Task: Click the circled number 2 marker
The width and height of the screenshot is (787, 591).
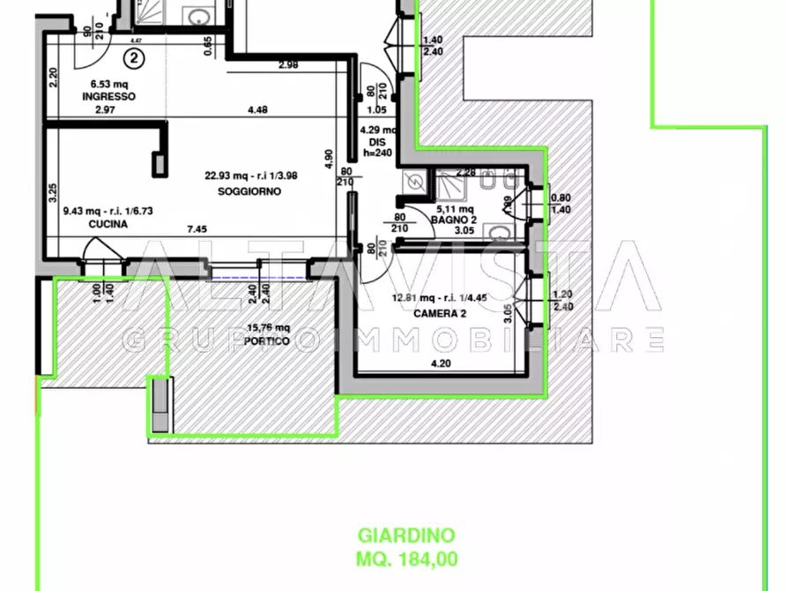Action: coord(133,59)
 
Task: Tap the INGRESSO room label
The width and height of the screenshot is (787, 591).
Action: coord(109,97)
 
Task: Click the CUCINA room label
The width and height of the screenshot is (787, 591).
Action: coord(108,225)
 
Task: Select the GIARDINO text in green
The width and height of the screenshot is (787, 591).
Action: coord(405,535)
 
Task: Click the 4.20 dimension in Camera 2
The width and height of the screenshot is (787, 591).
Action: coord(439,363)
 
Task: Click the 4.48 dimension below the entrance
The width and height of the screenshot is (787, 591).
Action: coord(258,110)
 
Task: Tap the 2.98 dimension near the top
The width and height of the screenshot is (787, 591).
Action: coord(287,64)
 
